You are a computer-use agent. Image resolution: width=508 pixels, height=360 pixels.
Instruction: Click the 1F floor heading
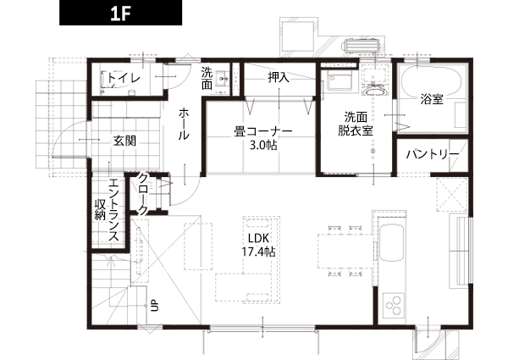[120, 14]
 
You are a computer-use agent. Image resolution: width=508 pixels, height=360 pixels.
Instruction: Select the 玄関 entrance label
[124, 141]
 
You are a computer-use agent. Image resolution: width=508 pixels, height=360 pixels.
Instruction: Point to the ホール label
[184, 125]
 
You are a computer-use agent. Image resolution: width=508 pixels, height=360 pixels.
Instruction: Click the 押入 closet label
[279, 77]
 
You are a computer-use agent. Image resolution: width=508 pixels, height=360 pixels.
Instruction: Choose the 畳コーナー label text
[263, 132]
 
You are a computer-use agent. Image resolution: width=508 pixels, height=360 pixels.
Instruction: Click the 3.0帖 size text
[263, 146]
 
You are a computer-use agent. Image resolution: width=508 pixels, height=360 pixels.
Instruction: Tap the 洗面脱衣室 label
[356, 124]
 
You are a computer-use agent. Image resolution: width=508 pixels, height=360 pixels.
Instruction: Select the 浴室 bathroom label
[432, 99]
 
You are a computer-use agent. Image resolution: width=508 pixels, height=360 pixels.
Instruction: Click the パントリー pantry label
[433, 154]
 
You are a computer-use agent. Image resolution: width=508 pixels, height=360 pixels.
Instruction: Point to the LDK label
[258, 238]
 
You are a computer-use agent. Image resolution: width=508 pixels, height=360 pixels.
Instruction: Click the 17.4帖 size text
[258, 252]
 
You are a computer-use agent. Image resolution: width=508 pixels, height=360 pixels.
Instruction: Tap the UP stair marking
[155, 306]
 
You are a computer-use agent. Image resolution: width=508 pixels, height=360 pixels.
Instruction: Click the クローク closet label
[142, 195]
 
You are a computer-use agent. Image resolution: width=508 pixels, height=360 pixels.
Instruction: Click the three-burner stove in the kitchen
[394, 306]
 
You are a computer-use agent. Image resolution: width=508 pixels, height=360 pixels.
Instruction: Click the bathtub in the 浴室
[431, 83]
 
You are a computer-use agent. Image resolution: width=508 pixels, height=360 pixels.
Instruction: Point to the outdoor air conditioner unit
[362, 45]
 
